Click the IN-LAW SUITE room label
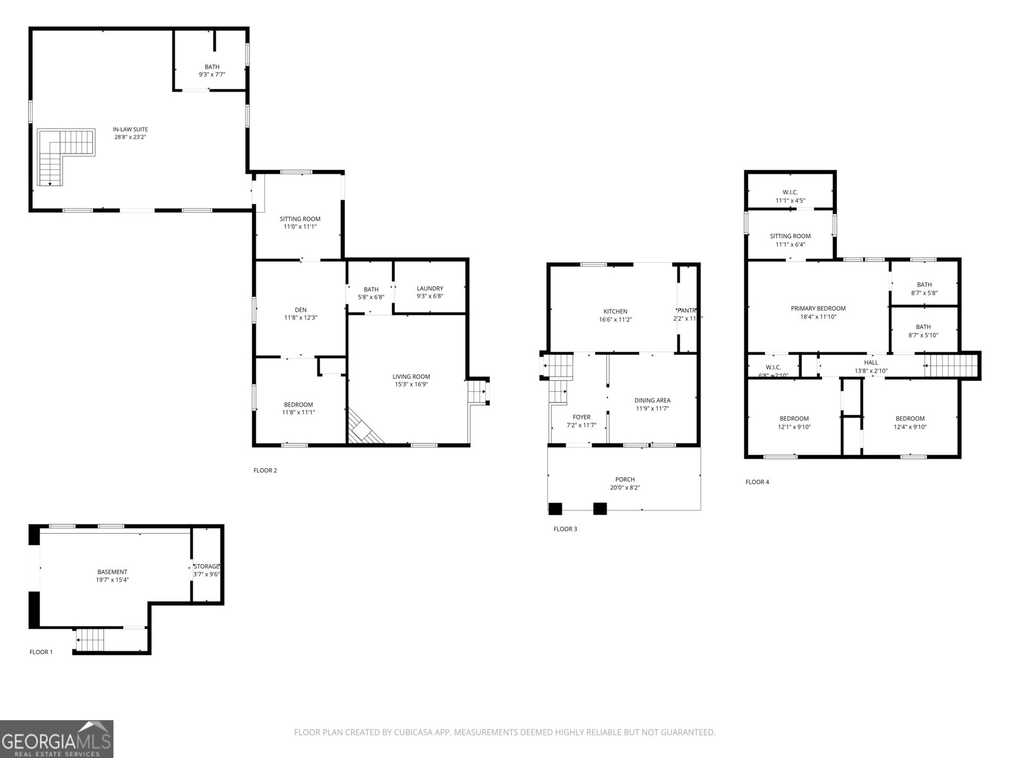pos(130,129)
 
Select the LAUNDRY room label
pos(430,289)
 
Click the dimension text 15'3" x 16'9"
pos(411,385)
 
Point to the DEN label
pos(300,310)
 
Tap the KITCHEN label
pos(615,311)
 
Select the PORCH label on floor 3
pos(625,479)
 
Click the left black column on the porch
pos(555,508)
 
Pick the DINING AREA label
pos(652,400)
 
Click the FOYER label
pos(581,417)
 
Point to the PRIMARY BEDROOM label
pos(818,309)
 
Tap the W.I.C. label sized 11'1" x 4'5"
pos(790,192)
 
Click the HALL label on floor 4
pos(870,363)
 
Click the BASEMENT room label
pos(112,572)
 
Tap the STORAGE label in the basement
pos(206,566)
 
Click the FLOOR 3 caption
pos(565,529)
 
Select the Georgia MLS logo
pos(57,738)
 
